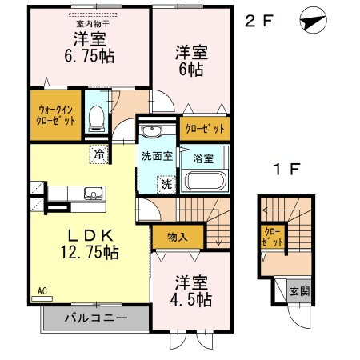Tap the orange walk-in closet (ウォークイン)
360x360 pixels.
pyautogui.click(x=53, y=114)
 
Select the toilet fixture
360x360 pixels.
pyautogui.click(x=96, y=117)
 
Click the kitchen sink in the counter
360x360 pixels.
pyautogui.click(x=91, y=193)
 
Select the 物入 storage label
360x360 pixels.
pyautogui.click(x=178, y=237)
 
